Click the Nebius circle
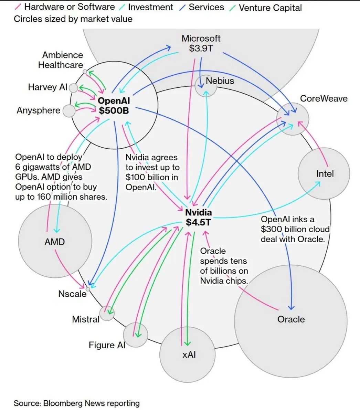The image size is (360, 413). [x=206, y=86]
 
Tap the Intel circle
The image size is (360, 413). [x=324, y=174]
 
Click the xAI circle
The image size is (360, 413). [x=188, y=354]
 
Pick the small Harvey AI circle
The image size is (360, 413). [x=73, y=88]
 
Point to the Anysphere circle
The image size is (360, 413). [x=69, y=111]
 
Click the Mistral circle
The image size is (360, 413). [x=107, y=314]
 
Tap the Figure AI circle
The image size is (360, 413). [x=135, y=335]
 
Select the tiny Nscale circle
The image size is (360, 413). [x=88, y=289]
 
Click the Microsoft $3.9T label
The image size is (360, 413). [x=201, y=43]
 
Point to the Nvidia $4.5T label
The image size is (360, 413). [x=199, y=218]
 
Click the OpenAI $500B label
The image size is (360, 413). [x=114, y=106]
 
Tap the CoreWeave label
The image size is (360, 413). [x=324, y=98]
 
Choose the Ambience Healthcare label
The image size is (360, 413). [x=61, y=60]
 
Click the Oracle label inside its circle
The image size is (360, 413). [x=291, y=319]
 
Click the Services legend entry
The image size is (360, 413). [x=206, y=7]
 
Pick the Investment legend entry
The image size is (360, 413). [x=150, y=7]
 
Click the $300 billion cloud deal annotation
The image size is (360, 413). [x=295, y=229]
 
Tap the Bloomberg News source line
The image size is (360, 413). [x=77, y=403]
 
